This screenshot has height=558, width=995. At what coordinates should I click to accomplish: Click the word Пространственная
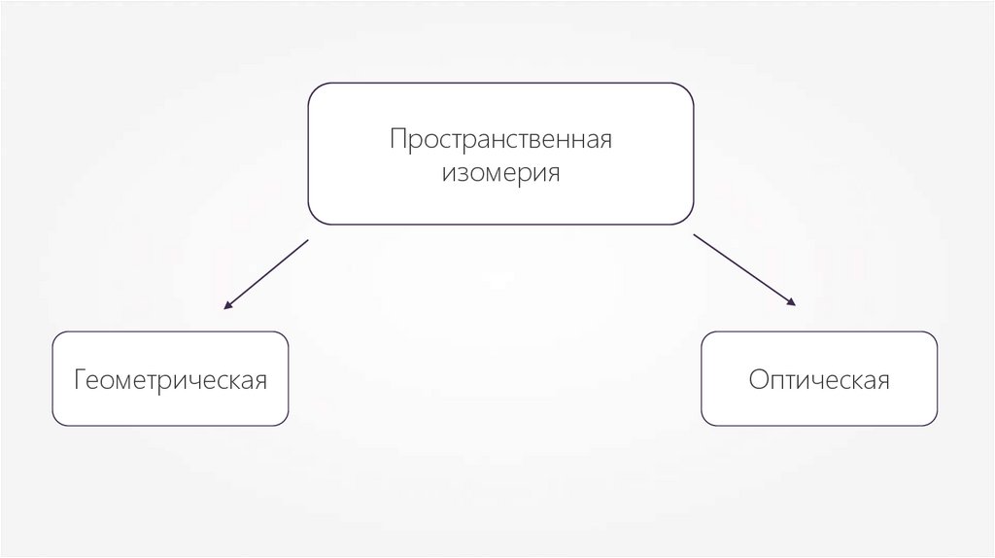click(x=500, y=139)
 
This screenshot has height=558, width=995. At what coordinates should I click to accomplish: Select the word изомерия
click(x=500, y=175)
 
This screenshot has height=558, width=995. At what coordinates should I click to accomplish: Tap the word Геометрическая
click(x=170, y=379)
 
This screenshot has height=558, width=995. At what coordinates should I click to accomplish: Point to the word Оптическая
click(x=819, y=379)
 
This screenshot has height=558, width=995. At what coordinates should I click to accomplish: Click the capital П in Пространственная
click(x=398, y=139)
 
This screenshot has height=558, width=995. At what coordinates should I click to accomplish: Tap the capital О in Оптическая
click(x=758, y=379)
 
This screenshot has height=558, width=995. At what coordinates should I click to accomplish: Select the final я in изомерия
click(x=553, y=176)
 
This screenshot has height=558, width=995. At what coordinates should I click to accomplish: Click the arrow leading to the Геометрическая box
click(x=266, y=274)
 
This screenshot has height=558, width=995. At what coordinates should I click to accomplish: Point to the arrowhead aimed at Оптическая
click(x=793, y=303)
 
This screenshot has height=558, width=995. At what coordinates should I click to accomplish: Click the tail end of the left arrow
click(x=307, y=240)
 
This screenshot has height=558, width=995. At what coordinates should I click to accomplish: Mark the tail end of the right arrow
click(x=694, y=234)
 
